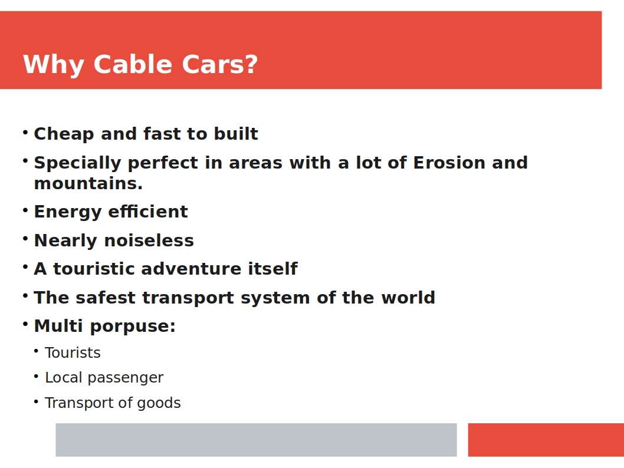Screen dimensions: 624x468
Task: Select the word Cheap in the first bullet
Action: click(64, 134)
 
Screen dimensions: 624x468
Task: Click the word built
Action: click(236, 134)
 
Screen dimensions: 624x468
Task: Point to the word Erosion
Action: click(449, 163)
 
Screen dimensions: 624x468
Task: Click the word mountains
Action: click(88, 184)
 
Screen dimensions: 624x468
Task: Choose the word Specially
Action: click(78, 163)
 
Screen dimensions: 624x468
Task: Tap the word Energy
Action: click(68, 212)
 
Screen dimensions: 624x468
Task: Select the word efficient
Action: click(148, 211)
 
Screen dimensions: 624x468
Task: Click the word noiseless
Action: click(149, 240)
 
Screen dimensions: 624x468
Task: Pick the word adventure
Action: click(191, 269)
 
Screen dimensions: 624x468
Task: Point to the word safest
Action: click(106, 298)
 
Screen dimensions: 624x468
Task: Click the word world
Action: click(408, 298)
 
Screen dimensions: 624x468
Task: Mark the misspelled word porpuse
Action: click(133, 327)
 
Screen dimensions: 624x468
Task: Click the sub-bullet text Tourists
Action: click(73, 352)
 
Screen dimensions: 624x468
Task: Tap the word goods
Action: click(159, 403)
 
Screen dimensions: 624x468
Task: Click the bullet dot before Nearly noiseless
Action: click(25, 238)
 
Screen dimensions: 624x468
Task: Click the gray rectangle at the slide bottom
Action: click(257, 440)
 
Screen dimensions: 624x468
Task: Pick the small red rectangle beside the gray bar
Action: click(546, 440)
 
